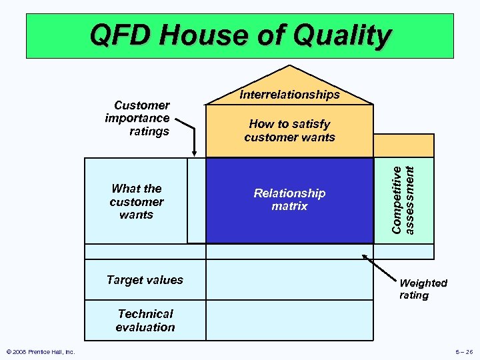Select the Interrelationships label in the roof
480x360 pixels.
point(290,95)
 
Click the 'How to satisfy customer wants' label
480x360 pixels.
point(289,131)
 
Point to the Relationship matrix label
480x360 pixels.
point(289,199)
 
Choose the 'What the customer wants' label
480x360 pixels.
point(137,201)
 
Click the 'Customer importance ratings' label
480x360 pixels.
point(138,118)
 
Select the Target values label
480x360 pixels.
point(145,280)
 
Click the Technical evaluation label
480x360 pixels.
point(145,320)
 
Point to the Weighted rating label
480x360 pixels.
point(423,289)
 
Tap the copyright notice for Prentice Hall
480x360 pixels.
point(40,352)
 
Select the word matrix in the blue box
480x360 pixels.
point(289,207)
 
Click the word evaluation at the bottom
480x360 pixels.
point(145,327)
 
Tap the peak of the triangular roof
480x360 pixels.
point(290,66)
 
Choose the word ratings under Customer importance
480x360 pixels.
point(149,131)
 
